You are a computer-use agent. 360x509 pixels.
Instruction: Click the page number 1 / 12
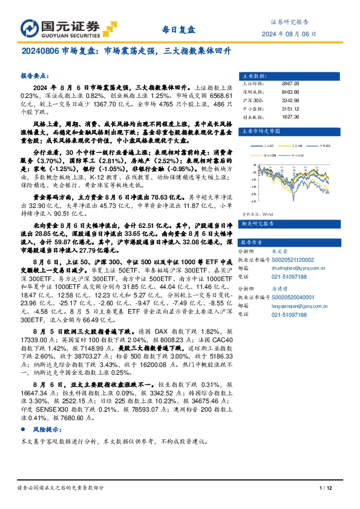(325, 487)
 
